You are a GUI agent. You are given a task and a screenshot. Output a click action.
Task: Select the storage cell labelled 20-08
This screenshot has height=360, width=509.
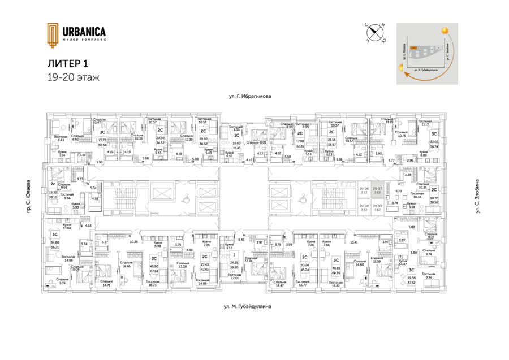pyautogui.click(x=364, y=207)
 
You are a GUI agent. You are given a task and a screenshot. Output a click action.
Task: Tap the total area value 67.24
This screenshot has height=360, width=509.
pyautogui.click(x=154, y=271)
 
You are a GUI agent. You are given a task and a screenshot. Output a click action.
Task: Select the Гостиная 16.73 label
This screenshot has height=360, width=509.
pyautogui.click(x=153, y=284)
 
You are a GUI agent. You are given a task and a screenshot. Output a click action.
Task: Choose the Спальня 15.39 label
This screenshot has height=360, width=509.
pyautogui.click(x=377, y=259)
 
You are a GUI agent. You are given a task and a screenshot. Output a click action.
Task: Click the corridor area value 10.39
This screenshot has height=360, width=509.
pyautogui.click(x=133, y=242)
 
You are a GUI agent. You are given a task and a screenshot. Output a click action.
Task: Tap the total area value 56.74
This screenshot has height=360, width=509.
pyautogui.click(x=434, y=145)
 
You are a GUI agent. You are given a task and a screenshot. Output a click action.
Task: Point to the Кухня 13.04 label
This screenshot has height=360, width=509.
pyautogui.click(x=67, y=226)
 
